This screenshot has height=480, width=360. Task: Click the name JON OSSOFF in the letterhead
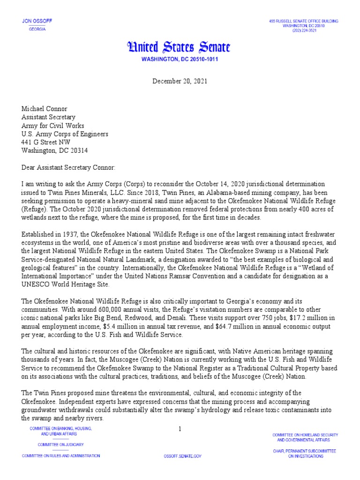[x=35, y=22]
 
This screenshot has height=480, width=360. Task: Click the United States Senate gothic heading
[x=180, y=47]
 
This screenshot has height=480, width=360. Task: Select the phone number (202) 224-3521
[x=303, y=30]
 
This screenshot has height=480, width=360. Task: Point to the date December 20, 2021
[x=180, y=81]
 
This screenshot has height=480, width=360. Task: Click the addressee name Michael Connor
[x=45, y=109]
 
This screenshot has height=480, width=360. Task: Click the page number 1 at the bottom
[x=180, y=428]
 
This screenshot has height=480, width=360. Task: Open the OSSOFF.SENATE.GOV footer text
[x=182, y=456]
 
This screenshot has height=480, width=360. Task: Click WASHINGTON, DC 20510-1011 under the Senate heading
[x=180, y=60]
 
